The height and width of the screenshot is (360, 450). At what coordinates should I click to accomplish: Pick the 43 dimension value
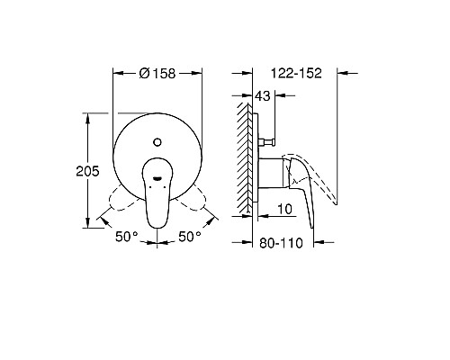coord(264,96)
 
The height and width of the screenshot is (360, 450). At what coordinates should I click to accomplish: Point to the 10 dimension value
coord(285,210)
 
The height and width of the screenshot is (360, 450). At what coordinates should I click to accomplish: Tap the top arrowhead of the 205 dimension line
coord(87,116)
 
